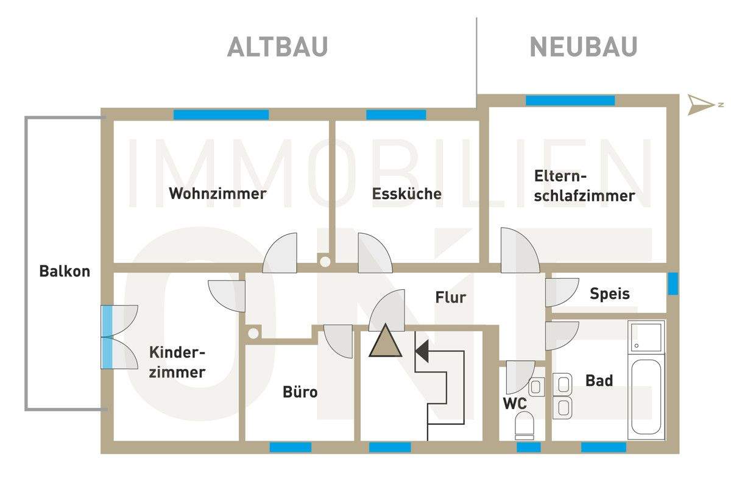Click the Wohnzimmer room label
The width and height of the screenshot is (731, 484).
point(217,194)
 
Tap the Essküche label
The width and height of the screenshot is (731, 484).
point(407,194)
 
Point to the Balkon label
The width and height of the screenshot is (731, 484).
point(65,271)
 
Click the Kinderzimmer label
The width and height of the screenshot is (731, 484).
point(177,362)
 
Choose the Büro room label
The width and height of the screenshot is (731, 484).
point(300,391)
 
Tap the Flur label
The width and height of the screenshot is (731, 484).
point(451,297)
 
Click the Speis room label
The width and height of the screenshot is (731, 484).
point(610,294)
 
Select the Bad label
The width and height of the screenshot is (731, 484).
point(599,381)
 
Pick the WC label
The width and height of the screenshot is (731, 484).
point(514,402)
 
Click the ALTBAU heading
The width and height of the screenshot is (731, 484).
point(277,47)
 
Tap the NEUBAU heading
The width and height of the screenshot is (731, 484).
point(583,47)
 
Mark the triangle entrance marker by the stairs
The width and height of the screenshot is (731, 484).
point(385,342)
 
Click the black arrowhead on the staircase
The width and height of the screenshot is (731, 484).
point(422,351)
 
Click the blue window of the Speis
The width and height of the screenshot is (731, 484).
point(673,284)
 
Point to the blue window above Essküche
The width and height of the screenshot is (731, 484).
point(396,114)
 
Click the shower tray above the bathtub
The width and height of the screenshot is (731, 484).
point(646,337)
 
